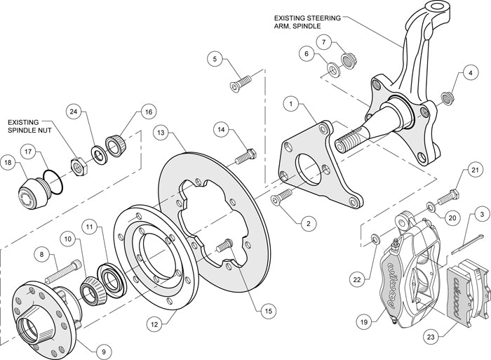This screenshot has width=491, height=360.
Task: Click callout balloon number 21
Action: (474, 169)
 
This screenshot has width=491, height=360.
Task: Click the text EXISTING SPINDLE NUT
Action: (33, 127)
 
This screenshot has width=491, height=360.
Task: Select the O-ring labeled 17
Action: (52, 180)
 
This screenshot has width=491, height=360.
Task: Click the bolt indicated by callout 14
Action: (243, 156)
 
